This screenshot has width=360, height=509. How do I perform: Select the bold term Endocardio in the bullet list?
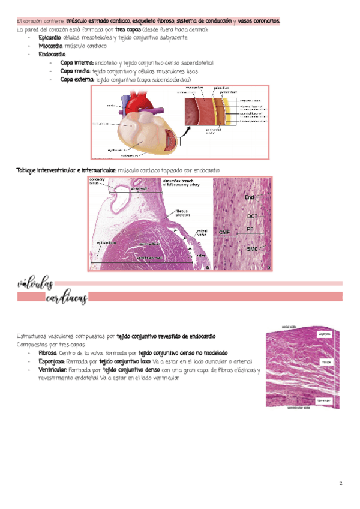[x=52, y=54]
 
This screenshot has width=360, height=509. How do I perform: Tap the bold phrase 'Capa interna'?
[x=76, y=62]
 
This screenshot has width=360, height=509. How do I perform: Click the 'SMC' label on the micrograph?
[x=252, y=248]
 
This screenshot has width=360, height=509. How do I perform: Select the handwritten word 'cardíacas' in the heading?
[x=66, y=298]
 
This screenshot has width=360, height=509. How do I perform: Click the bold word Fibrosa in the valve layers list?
[x=48, y=353]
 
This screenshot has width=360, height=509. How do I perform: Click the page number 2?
[x=340, y=484]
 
